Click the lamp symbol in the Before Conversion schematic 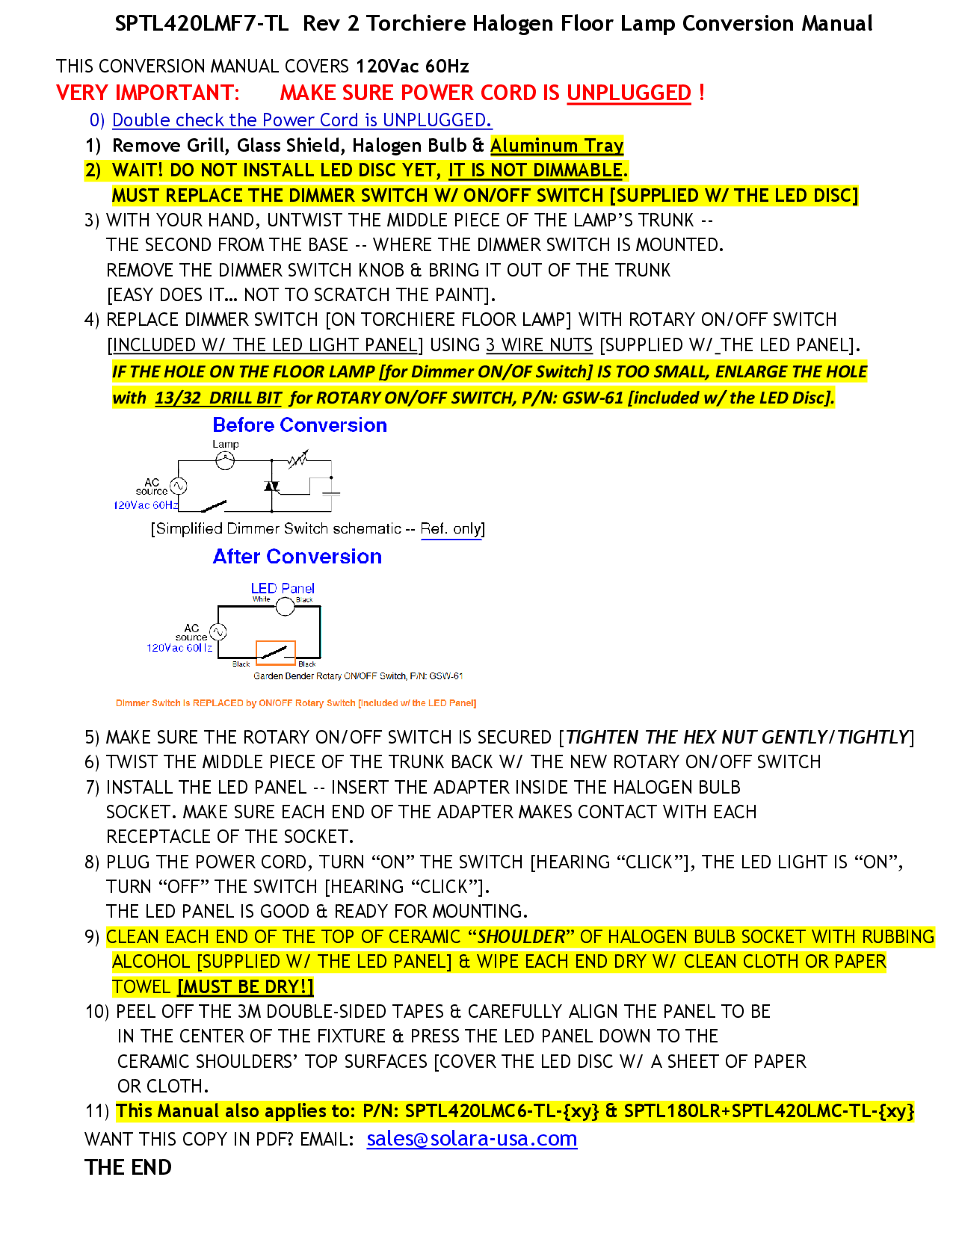click(225, 461)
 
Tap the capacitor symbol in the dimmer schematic click(330, 493)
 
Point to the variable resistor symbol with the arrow click(298, 459)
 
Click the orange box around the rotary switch click(276, 652)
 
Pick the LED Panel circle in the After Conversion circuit click(285, 606)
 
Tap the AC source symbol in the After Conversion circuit click(218, 632)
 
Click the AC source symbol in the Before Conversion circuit click(178, 486)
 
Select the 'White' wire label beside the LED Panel click(261, 599)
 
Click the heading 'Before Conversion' click(300, 425)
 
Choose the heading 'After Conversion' click(297, 557)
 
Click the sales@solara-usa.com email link click(472, 1139)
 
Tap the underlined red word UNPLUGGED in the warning click(629, 93)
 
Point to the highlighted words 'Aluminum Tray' click(557, 145)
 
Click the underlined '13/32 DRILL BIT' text click(218, 398)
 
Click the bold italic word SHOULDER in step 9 click(522, 936)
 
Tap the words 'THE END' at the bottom click(128, 1167)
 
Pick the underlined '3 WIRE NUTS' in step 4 click(539, 344)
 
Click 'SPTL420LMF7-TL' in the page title click(201, 24)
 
